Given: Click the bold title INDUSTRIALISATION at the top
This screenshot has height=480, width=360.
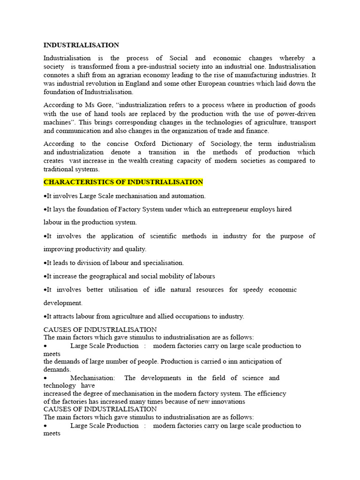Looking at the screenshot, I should [81, 45].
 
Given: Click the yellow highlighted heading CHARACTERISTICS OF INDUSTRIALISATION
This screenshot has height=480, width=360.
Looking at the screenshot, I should [123, 182].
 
